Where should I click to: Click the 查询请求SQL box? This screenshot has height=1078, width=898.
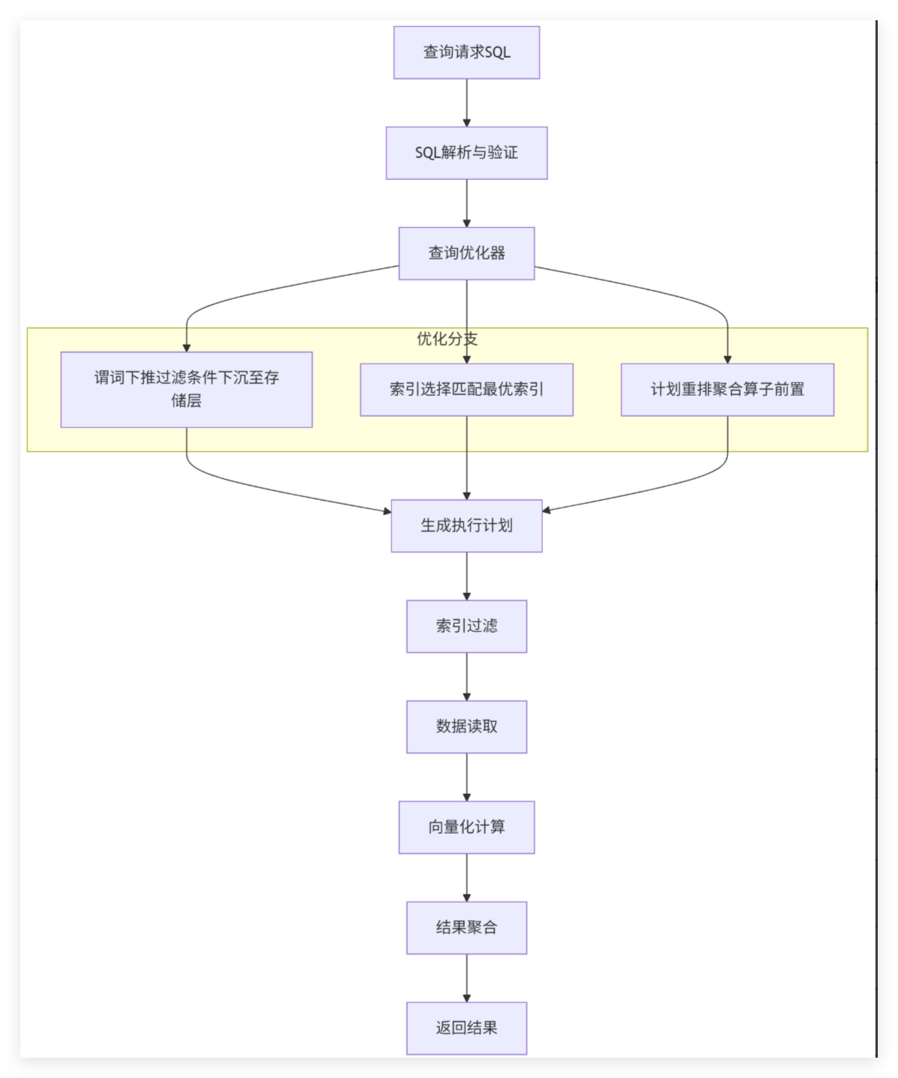pos(466,52)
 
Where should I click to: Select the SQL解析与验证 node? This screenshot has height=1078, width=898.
pos(466,153)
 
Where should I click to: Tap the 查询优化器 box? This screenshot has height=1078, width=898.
pos(466,253)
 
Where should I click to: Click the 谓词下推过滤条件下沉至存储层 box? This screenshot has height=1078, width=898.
pos(186,389)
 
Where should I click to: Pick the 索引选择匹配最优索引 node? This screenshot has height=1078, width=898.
pos(466,389)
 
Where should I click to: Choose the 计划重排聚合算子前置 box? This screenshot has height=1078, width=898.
pos(727,389)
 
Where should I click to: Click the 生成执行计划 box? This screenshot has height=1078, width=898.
pos(466,526)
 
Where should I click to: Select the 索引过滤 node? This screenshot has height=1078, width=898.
pos(466,626)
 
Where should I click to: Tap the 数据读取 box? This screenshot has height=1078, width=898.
pos(466,726)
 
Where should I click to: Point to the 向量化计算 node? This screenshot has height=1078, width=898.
pos(466,827)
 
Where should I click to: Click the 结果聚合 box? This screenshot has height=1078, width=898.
pos(466,927)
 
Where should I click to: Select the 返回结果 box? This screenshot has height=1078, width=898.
pos(466,1028)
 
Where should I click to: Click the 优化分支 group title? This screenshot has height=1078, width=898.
pos(447,339)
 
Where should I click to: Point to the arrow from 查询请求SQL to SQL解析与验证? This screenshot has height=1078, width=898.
pos(466,103)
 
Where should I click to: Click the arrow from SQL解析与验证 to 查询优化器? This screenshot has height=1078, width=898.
pos(466,203)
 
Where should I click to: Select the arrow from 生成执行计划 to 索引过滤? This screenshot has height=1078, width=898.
pos(466,576)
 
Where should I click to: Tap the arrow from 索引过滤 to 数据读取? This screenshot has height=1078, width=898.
pos(466,676)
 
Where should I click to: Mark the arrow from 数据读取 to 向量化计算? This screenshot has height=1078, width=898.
pos(466,777)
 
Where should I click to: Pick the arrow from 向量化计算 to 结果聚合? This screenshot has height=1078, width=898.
pos(466,877)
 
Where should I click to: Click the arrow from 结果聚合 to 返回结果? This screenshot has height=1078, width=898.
pos(466,978)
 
